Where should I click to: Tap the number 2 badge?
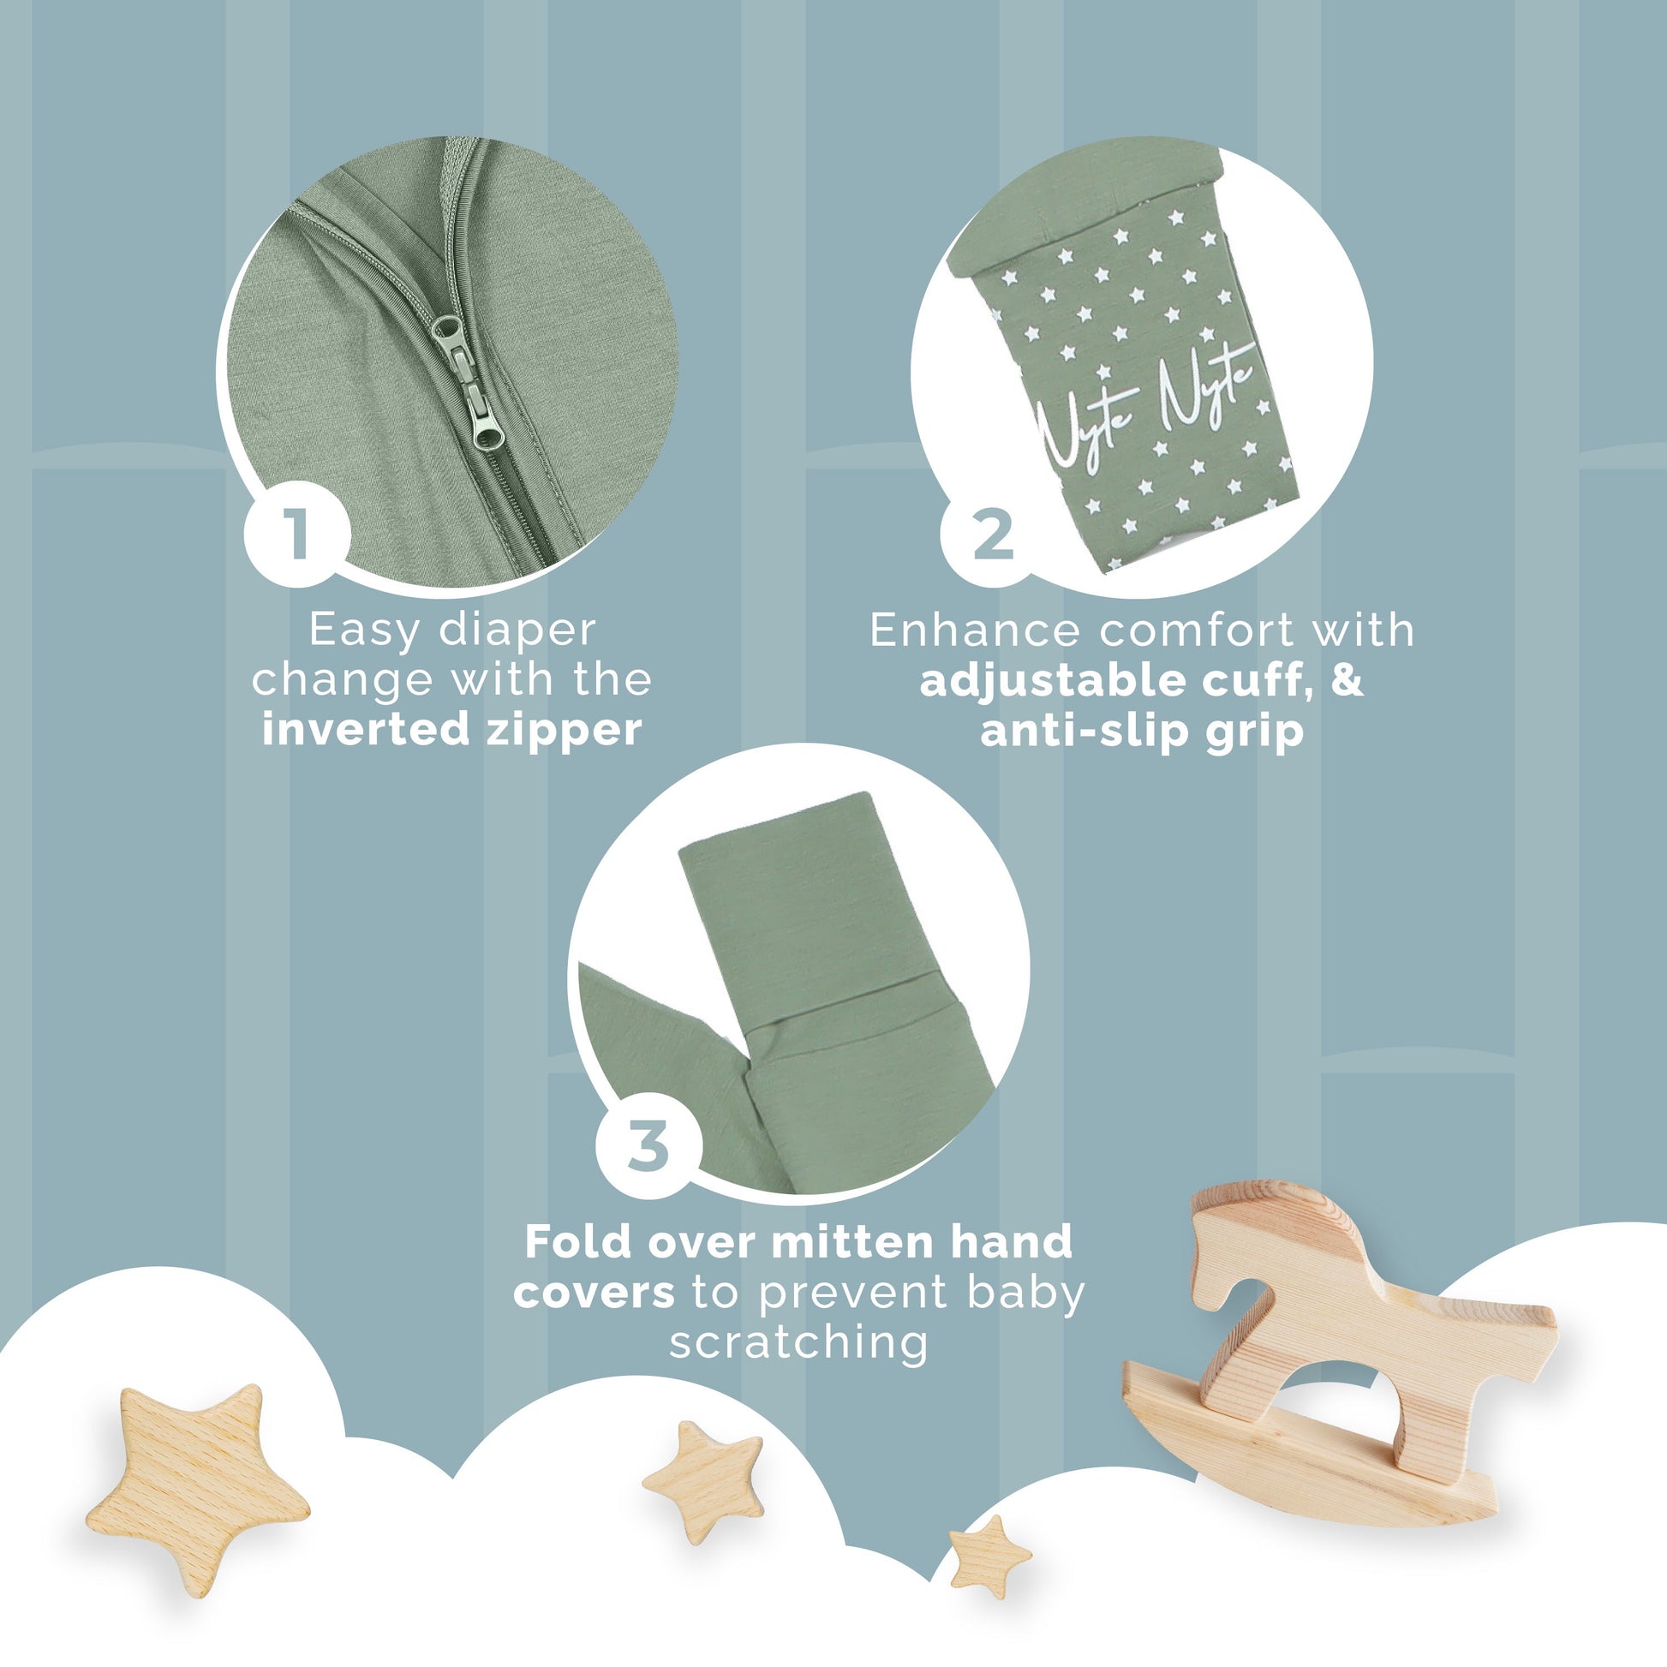click(992, 535)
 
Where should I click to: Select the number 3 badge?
click(648, 1146)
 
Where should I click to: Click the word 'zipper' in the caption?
click(565, 731)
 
